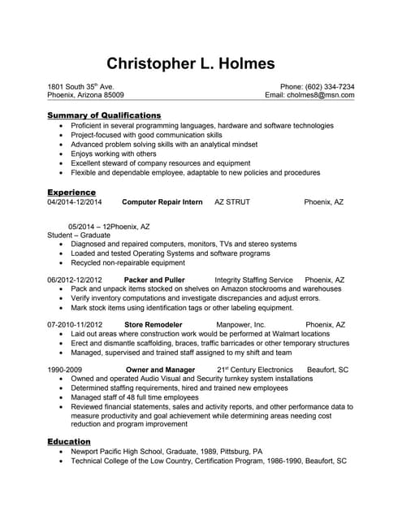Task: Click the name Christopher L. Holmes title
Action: click(x=191, y=63)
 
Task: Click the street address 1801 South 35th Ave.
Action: click(x=80, y=86)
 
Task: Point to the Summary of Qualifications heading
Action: click(x=104, y=115)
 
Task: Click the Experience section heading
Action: click(x=71, y=192)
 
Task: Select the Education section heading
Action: click(x=69, y=441)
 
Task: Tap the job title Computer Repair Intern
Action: click(x=162, y=201)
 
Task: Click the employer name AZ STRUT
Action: click(x=232, y=201)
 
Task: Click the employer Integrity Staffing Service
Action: click(x=253, y=279)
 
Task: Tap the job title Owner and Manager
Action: click(x=161, y=370)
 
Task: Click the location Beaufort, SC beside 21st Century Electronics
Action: click(x=327, y=370)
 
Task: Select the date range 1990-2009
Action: click(x=65, y=370)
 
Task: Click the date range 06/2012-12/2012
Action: click(x=75, y=279)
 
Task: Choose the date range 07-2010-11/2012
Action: click(x=75, y=324)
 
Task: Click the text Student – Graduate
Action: click(x=79, y=235)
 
